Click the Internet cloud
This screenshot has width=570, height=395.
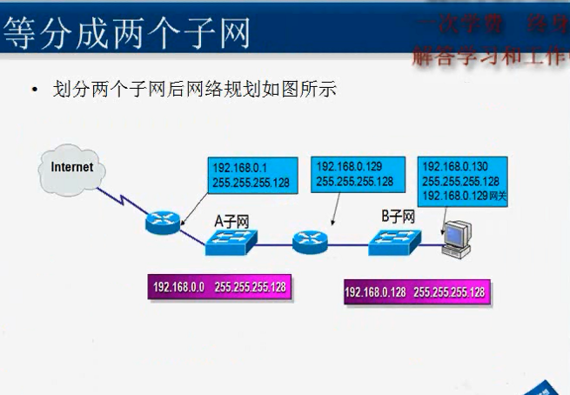pos(71,168)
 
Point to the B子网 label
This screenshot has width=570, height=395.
pos(398,217)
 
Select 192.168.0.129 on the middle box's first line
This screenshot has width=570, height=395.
pos(346,166)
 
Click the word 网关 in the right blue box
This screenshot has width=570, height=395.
pos(498,197)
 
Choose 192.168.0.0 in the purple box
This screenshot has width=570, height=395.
pos(178,287)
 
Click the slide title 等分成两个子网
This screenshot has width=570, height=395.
pos(127,33)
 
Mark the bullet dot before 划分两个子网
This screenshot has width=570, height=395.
pos(35,90)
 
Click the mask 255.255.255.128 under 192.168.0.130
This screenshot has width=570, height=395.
pos(459,182)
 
